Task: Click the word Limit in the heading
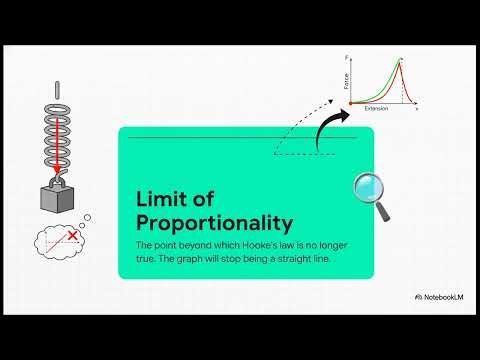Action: (x=159, y=199)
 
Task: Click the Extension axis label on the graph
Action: (x=377, y=108)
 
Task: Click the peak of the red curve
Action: (x=402, y=60)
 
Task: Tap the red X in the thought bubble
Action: (x=71, y=235)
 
